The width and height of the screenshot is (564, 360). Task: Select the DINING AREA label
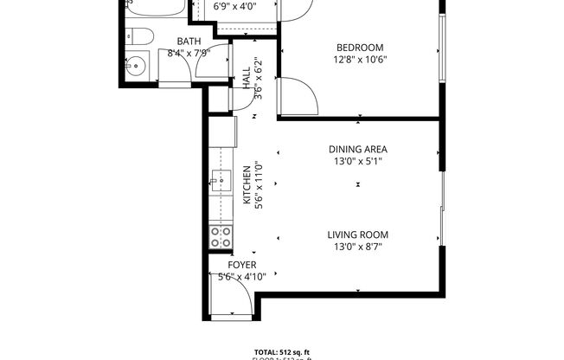click(x=357, y=149)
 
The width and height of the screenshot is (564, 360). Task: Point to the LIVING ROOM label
click(x=357, y=235)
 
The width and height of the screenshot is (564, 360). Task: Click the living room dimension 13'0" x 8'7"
click(x=357, y=247)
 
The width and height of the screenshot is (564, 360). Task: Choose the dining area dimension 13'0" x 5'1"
click(x=357, y=161)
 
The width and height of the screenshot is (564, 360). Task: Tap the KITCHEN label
click(x=247, y=186)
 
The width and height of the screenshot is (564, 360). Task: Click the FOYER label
click(x=241, y=265)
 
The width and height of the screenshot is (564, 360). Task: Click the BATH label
click(x=189, y=42)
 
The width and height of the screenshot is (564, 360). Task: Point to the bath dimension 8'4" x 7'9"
click(x=189, y=53)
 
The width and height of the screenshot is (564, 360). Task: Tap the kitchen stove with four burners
click(x=221, y=237)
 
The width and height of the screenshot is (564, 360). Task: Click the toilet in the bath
click(x=140, y=36)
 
